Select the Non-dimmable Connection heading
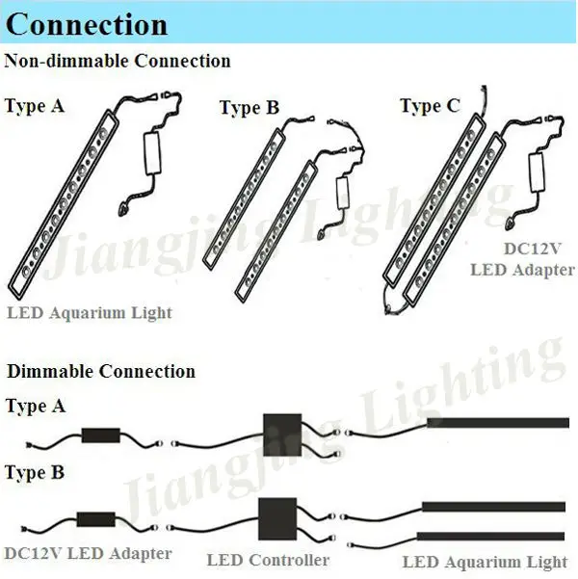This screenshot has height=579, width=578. [118, 62]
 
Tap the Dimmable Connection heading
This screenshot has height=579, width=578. [100, 372]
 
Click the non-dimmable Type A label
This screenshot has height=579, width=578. [35, 106]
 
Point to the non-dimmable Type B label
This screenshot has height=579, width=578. [249, 108]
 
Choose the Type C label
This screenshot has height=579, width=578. [431, 106]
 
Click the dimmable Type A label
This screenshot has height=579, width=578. [35, 407]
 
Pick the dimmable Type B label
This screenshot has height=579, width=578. [35, 473]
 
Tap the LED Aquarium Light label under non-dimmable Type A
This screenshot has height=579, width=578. [89, 313]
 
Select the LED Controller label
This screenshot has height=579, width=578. [268, 560]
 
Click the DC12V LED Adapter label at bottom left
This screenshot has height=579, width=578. [88, 554]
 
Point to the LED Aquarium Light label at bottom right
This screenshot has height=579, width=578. [484, 562]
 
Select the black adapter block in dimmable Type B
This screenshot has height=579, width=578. [100, 520]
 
